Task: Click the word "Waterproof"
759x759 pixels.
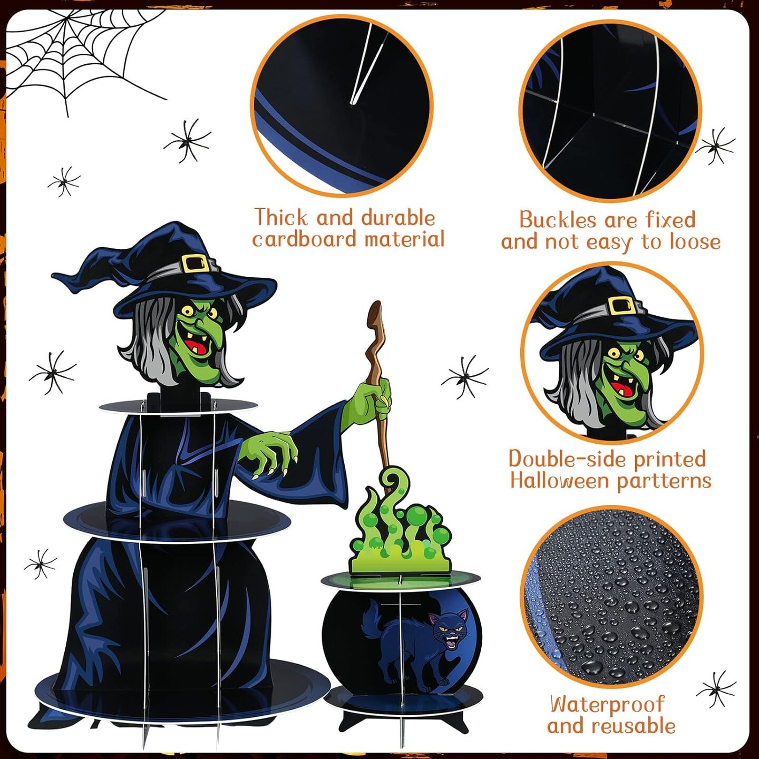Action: (x=607, y=703)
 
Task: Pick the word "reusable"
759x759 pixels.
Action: (x=634, y=725)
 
